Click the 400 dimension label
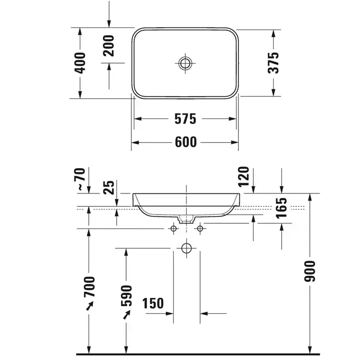point(80,63)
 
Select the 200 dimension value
point(109,46)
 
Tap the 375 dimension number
point(274,63)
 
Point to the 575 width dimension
point(185,118)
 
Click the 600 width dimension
point(186,142)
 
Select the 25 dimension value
point(109,187)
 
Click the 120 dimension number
point(244,177)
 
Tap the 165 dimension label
point(281,208)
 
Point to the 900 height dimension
point(310,271)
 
